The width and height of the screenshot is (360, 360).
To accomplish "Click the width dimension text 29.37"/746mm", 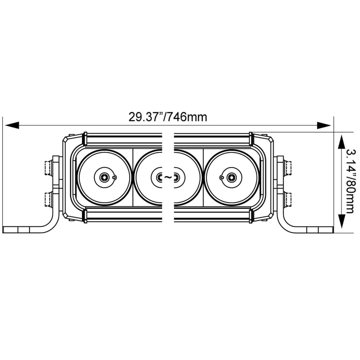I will coord(168,117).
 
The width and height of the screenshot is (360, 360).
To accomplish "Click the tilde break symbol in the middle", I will coord(168,177).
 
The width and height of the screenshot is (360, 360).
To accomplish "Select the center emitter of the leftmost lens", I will coord(104,177).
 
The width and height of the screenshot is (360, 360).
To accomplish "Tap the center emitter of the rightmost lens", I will coord(231,177).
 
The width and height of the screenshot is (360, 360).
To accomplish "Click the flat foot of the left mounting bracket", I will coord(22,230).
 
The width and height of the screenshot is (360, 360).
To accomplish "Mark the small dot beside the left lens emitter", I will coord(114,177).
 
